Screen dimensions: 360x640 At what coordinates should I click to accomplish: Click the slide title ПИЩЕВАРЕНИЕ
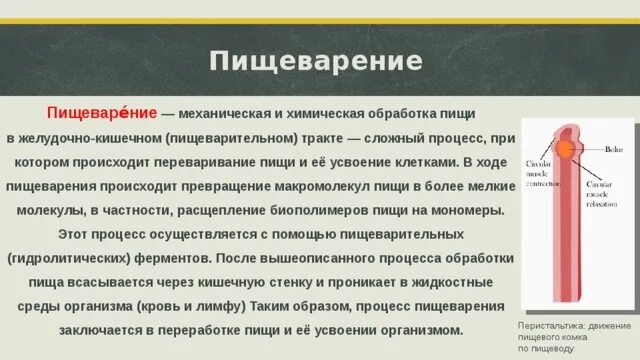point(315,61)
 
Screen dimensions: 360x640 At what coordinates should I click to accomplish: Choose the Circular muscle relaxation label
point(605,190)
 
